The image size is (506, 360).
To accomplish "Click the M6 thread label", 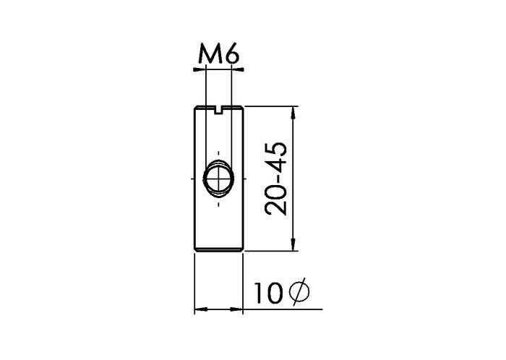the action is point(219,53).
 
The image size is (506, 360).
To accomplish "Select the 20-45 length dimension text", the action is point(275,179).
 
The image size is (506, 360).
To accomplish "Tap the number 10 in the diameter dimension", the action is point(268,293).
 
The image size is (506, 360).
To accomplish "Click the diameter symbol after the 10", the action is point(299,293).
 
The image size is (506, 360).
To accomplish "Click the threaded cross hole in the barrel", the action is point(218,178).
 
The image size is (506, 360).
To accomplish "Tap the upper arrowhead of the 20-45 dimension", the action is point(293,112).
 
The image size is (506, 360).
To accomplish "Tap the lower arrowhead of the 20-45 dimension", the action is point(293,244).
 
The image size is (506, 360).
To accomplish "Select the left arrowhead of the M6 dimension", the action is point(199,69).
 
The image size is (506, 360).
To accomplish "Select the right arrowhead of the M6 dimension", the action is point(238,69).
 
